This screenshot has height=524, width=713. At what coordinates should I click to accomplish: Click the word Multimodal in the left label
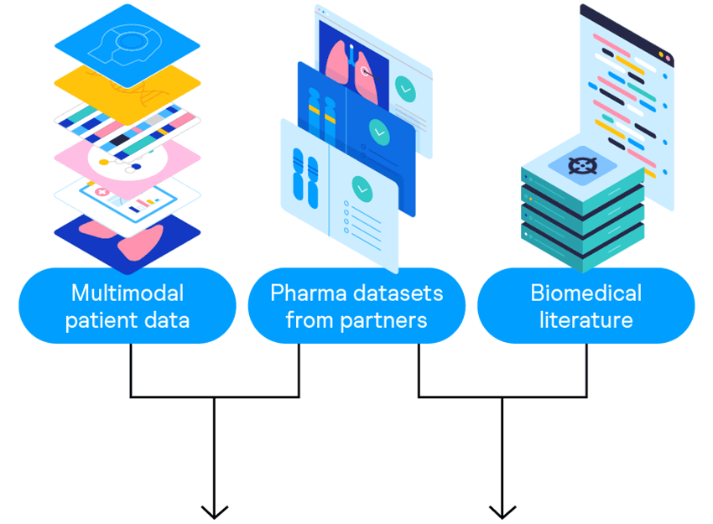tap(127, 293)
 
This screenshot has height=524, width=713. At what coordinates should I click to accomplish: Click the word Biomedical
tap(585, 293)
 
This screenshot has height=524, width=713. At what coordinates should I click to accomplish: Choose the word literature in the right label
tap(585, 319)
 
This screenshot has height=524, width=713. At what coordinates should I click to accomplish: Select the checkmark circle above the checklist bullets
tap(362, 188)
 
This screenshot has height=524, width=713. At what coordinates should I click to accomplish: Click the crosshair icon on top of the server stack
tap(580, 164)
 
